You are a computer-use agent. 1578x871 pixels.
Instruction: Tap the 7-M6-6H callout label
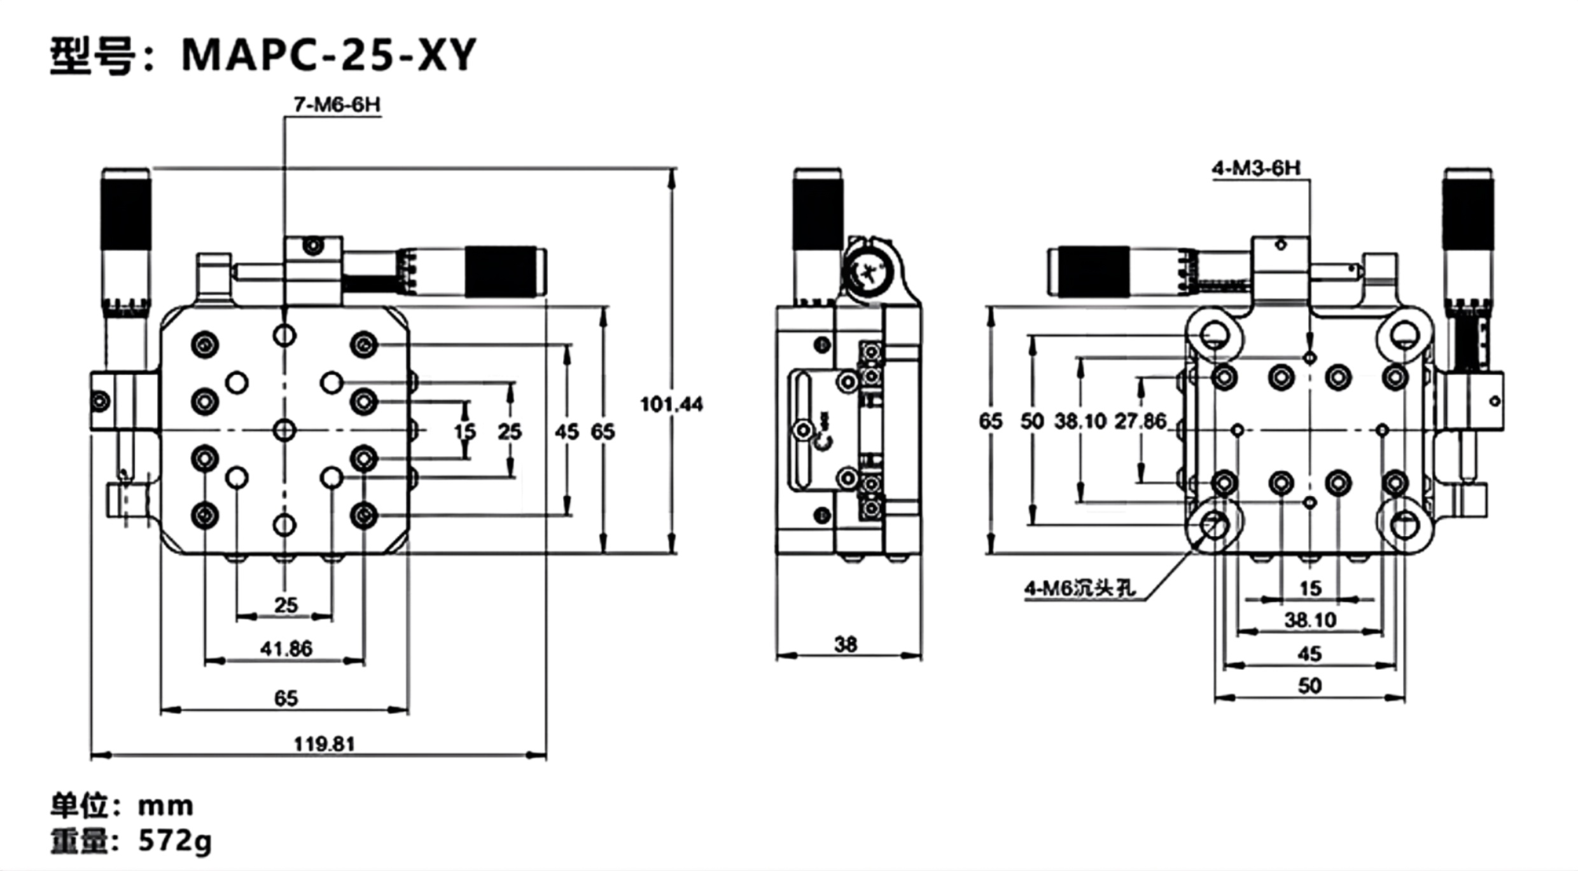coord(337,104)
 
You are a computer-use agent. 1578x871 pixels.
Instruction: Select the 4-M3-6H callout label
coord(1256,168)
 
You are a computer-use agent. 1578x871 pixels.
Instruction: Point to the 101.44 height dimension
coord(671,404)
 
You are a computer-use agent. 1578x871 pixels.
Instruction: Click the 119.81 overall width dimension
coord(324,744)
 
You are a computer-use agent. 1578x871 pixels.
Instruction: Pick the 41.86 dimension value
coord(286,649)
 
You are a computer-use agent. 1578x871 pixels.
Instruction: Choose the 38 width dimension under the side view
coord(846,644)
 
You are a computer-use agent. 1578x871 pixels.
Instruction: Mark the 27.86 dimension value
coord(1140,421)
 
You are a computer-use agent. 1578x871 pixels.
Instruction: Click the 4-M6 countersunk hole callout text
coord(1080,588)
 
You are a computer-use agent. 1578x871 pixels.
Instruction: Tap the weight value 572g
coord(175,841)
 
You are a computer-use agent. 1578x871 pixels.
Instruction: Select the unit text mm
coord(165,806)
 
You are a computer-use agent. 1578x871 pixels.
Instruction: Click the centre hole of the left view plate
coord(284,430)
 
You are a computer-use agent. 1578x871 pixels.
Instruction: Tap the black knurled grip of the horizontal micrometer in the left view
coord(501,271)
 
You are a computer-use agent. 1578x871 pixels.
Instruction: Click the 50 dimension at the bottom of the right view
coord(1309,686)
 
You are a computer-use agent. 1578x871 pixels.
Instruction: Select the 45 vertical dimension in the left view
coord(566,432)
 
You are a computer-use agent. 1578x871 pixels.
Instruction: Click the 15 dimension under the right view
coord(1310,588)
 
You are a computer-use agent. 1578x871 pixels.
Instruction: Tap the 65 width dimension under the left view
coord(286,698)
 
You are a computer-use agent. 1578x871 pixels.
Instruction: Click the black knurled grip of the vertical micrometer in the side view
coord(818,213)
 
